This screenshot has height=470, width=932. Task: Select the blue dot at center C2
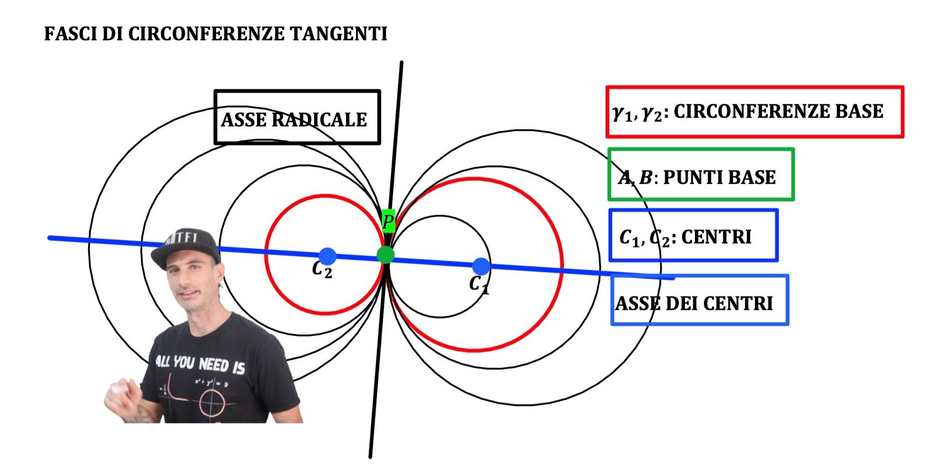coord(327,256)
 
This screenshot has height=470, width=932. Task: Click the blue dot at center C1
coord(481,266)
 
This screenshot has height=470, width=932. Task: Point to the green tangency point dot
coord(386,255)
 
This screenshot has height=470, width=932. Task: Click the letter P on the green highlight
coord(388,221)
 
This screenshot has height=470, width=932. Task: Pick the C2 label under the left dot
coord(322,270)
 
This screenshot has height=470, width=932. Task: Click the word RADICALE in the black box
coord(319,120)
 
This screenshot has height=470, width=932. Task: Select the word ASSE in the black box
coord(244,120)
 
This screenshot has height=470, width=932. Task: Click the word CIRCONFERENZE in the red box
coord(743,111)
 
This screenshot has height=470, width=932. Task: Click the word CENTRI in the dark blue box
coord(716,237)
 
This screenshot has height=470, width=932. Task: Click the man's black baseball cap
coord(185,248)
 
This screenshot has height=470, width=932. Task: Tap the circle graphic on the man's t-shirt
coord(213,403)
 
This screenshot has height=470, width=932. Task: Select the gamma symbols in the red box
coord(637,113)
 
